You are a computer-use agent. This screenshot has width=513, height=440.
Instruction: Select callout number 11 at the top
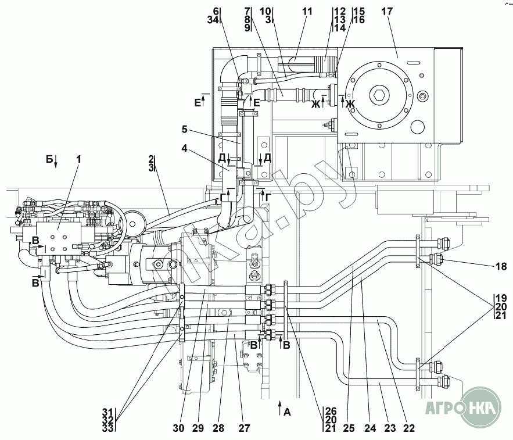[307, 11]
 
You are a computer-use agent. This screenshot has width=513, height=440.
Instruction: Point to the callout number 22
[409, 428]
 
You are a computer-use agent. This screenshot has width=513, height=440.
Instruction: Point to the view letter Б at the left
[49, 158]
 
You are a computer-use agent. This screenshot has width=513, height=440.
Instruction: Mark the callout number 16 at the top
[358, 20]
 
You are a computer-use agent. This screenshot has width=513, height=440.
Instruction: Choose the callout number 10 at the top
[265, 11]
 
